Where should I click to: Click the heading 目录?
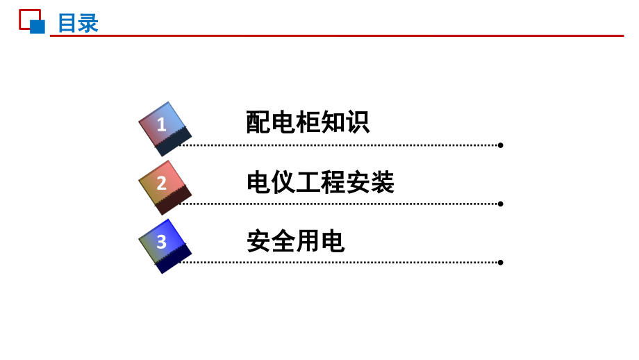78,23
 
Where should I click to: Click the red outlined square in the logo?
20,19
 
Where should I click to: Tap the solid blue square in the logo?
38,27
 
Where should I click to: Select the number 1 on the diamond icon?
161,124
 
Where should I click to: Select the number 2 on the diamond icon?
161,183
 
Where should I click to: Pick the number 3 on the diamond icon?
161,242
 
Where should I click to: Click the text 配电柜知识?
308,122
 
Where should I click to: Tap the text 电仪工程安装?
320,182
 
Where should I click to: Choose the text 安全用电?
295,241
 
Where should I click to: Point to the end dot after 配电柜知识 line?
501,145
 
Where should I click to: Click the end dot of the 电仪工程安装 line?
501,204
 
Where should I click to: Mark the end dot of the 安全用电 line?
501,263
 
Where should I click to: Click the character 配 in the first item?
258,122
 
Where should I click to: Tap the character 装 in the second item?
382,182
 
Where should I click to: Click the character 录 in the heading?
88,23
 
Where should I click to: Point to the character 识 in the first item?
358,122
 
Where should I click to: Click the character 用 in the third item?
308,241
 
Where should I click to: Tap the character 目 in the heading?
67,23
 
